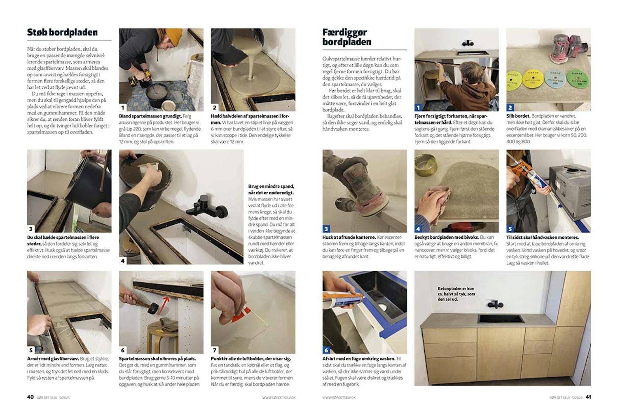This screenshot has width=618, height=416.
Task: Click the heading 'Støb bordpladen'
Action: pos(62,33)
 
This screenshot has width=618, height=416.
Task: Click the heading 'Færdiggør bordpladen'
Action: pos(346,37)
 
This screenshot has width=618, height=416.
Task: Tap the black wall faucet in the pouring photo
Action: pos(206,208)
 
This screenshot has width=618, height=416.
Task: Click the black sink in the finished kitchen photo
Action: pos(501,319)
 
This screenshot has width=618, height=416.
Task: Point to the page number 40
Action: pos(30,397)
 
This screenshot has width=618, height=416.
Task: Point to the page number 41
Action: pos(588,397)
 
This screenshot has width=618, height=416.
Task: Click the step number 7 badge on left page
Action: pos(215,350)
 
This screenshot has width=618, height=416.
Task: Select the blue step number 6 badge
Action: pos(326,350)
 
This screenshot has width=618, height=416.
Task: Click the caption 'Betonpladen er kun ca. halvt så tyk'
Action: pos(456,294)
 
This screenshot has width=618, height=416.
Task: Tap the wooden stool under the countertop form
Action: pos(163,336)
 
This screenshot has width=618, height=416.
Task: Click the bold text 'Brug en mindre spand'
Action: pos(271,189)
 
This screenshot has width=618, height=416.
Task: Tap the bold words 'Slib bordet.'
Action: pos(518,116)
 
